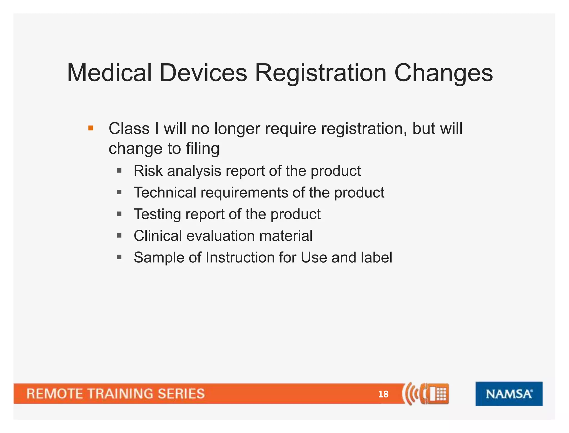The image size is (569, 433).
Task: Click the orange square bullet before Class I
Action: point(91,128)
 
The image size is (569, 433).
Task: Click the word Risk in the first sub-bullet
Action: point(148,171)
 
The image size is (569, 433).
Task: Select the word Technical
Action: point(165,192)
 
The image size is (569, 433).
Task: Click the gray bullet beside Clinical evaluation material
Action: point(119,236)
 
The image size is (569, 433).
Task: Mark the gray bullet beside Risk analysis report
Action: point(119,170)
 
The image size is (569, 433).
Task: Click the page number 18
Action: point(383,394)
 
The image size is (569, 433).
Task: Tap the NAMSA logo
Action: point(509,394)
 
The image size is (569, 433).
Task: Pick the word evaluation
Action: point(220,236)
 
